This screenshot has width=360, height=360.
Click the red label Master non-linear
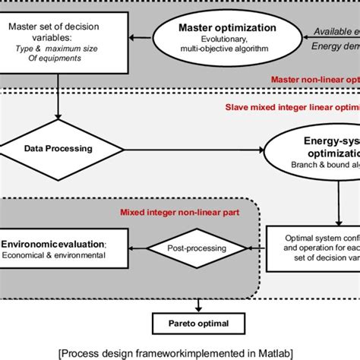pos(311,79)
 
